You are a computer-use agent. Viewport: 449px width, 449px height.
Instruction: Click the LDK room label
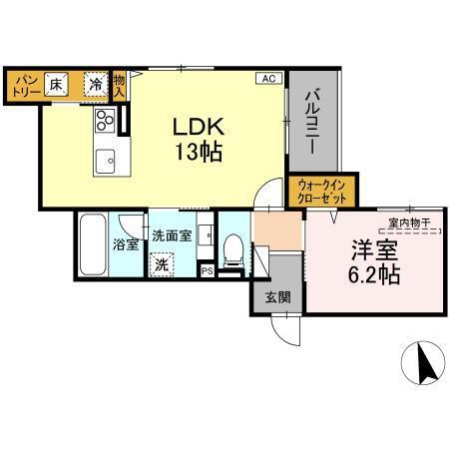pyautogui.click(x=198, y=128)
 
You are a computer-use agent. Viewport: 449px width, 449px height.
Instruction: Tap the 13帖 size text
pyautogui.click(x=198, y=153)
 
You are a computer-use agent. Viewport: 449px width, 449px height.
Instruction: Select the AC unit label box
pyautogui.click(x=269, y=78)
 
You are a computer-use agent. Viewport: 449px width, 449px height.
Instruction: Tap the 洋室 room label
pyautogui.click(x=368, y=249)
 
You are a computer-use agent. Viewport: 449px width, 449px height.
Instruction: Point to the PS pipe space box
pyautogui.click(x=207, y=270)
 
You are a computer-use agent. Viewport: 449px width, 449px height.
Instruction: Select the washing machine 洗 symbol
pyautogui.click(x=162, y=264)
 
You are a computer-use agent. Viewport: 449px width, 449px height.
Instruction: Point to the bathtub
pyautogui.click(x=93, y=244)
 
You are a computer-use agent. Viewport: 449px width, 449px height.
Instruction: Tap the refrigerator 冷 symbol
pyautogui.click(x=94, y=84)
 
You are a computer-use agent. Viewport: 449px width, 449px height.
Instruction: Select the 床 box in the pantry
pyautogui.click(x=59, y=84)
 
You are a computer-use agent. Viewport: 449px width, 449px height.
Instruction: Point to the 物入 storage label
pyautogui.click(x=119, y=86)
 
